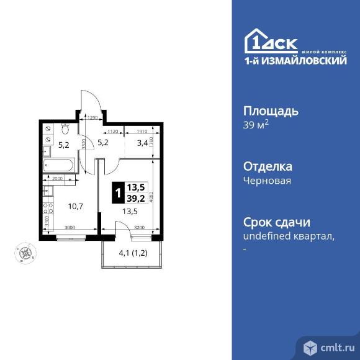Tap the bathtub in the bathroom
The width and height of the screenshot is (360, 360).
pos(60,164)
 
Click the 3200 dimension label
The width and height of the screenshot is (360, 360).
pos(139,228)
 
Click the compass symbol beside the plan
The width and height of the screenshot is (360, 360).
pos(25,253)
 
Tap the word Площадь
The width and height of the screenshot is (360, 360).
pos(270,112)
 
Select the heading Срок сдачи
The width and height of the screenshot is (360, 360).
pos(276,223)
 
